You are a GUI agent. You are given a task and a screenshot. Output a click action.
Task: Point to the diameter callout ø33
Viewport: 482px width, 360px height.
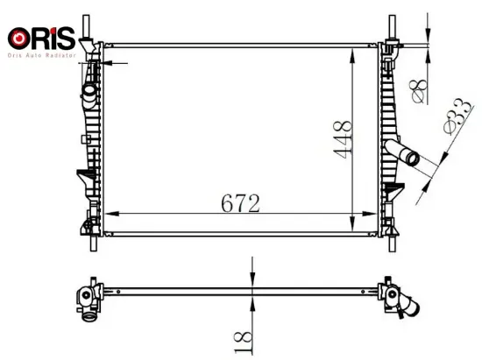coord(447,119)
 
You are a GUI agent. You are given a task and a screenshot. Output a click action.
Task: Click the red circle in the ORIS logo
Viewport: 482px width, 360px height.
coord(16,39)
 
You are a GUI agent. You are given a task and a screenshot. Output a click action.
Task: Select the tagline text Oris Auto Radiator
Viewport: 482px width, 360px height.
coord(45,54)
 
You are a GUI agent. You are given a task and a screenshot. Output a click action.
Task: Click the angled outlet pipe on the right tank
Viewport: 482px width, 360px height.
coord(405,157)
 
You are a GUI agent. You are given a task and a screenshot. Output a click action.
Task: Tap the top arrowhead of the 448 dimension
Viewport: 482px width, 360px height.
coord(352,44)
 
